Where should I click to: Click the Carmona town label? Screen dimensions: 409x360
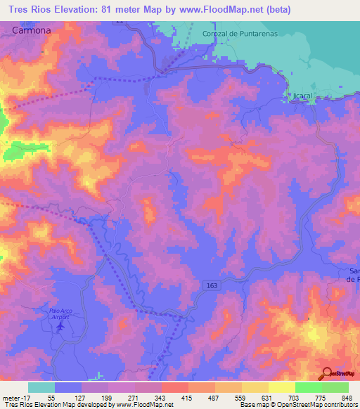click(31, 32)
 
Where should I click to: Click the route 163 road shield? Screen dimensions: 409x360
click(212, 285)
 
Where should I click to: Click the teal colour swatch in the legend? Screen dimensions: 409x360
click(41, 387)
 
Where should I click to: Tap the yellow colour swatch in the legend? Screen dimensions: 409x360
click(281, 387)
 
